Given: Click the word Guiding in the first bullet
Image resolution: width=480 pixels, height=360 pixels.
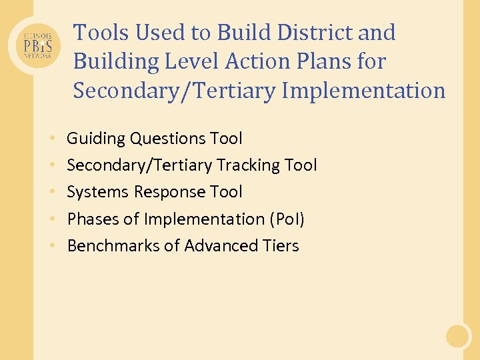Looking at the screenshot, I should click(x=96, y=139).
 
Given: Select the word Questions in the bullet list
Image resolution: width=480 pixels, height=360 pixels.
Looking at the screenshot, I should click(x=169, y=139).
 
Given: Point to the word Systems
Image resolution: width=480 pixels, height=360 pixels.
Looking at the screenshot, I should click(x=98, y=192).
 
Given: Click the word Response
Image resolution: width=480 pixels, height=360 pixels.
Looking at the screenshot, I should click(x=169, y=193).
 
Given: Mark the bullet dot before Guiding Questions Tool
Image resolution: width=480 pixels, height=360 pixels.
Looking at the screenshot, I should click(x=52, y=139).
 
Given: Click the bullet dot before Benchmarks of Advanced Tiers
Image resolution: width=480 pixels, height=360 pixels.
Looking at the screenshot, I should click(x=52, y=247).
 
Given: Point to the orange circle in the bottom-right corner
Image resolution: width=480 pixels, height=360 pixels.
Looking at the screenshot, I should click(x=458, y=335).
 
